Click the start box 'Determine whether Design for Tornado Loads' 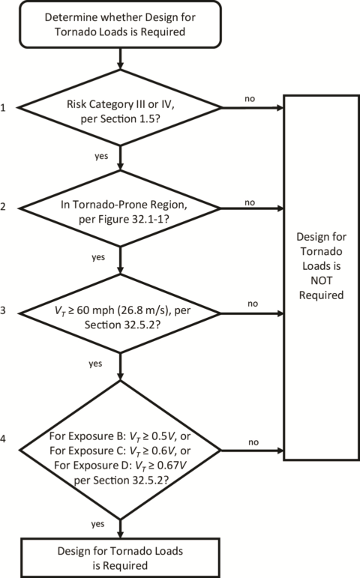(121, 24)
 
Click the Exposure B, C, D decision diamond (121, 452)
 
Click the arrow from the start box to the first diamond (121, 57)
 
